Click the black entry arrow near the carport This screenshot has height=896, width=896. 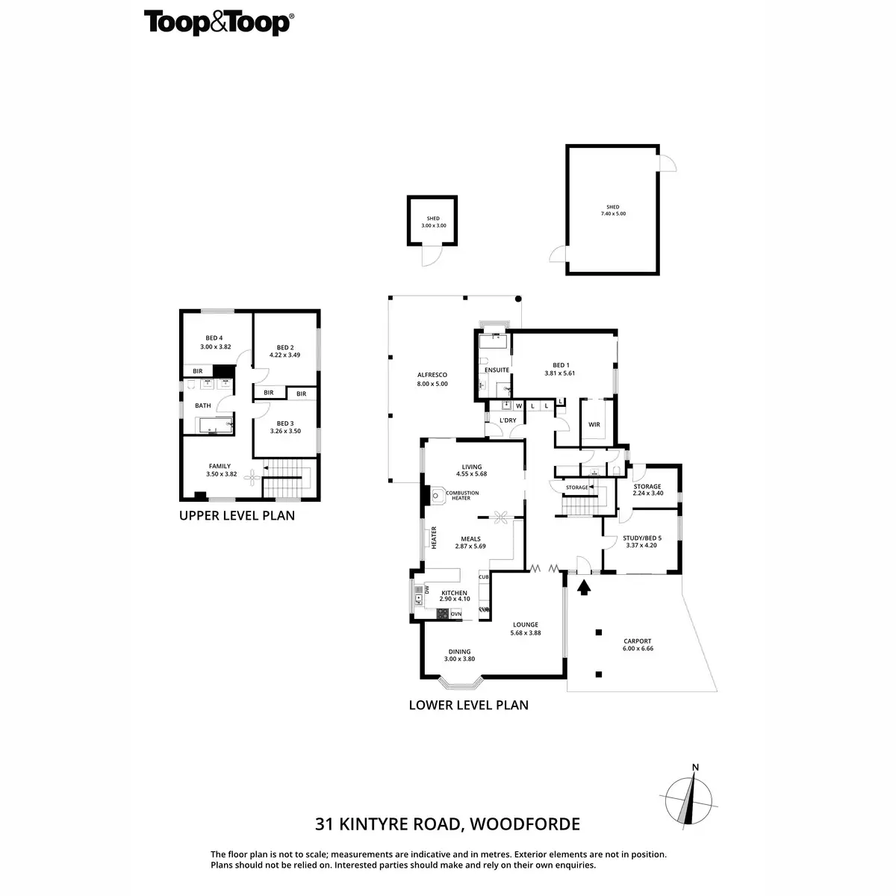pos(584,587)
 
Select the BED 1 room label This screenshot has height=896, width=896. pos(559,365)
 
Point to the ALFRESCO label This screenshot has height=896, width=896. pos(432,376)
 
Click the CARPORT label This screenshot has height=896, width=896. pos(637,641)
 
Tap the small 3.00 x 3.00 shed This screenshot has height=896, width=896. pos(432,221)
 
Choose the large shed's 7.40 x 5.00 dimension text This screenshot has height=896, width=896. pos(612,214)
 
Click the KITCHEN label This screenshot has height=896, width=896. pos(454,593)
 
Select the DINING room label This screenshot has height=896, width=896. pos(459,651)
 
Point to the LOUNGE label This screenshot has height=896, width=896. pos(526,625)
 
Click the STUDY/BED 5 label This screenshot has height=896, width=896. pos(641,538)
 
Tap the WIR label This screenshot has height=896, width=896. pos(594,424)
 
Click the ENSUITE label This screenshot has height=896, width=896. pos(497,370)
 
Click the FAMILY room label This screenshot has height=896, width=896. pos(220,466)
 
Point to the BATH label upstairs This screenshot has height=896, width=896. pos(203,405)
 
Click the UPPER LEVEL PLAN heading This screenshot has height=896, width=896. pos(237,515)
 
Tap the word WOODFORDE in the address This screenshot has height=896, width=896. pos(523,824)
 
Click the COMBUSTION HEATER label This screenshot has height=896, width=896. pos(461,495)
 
